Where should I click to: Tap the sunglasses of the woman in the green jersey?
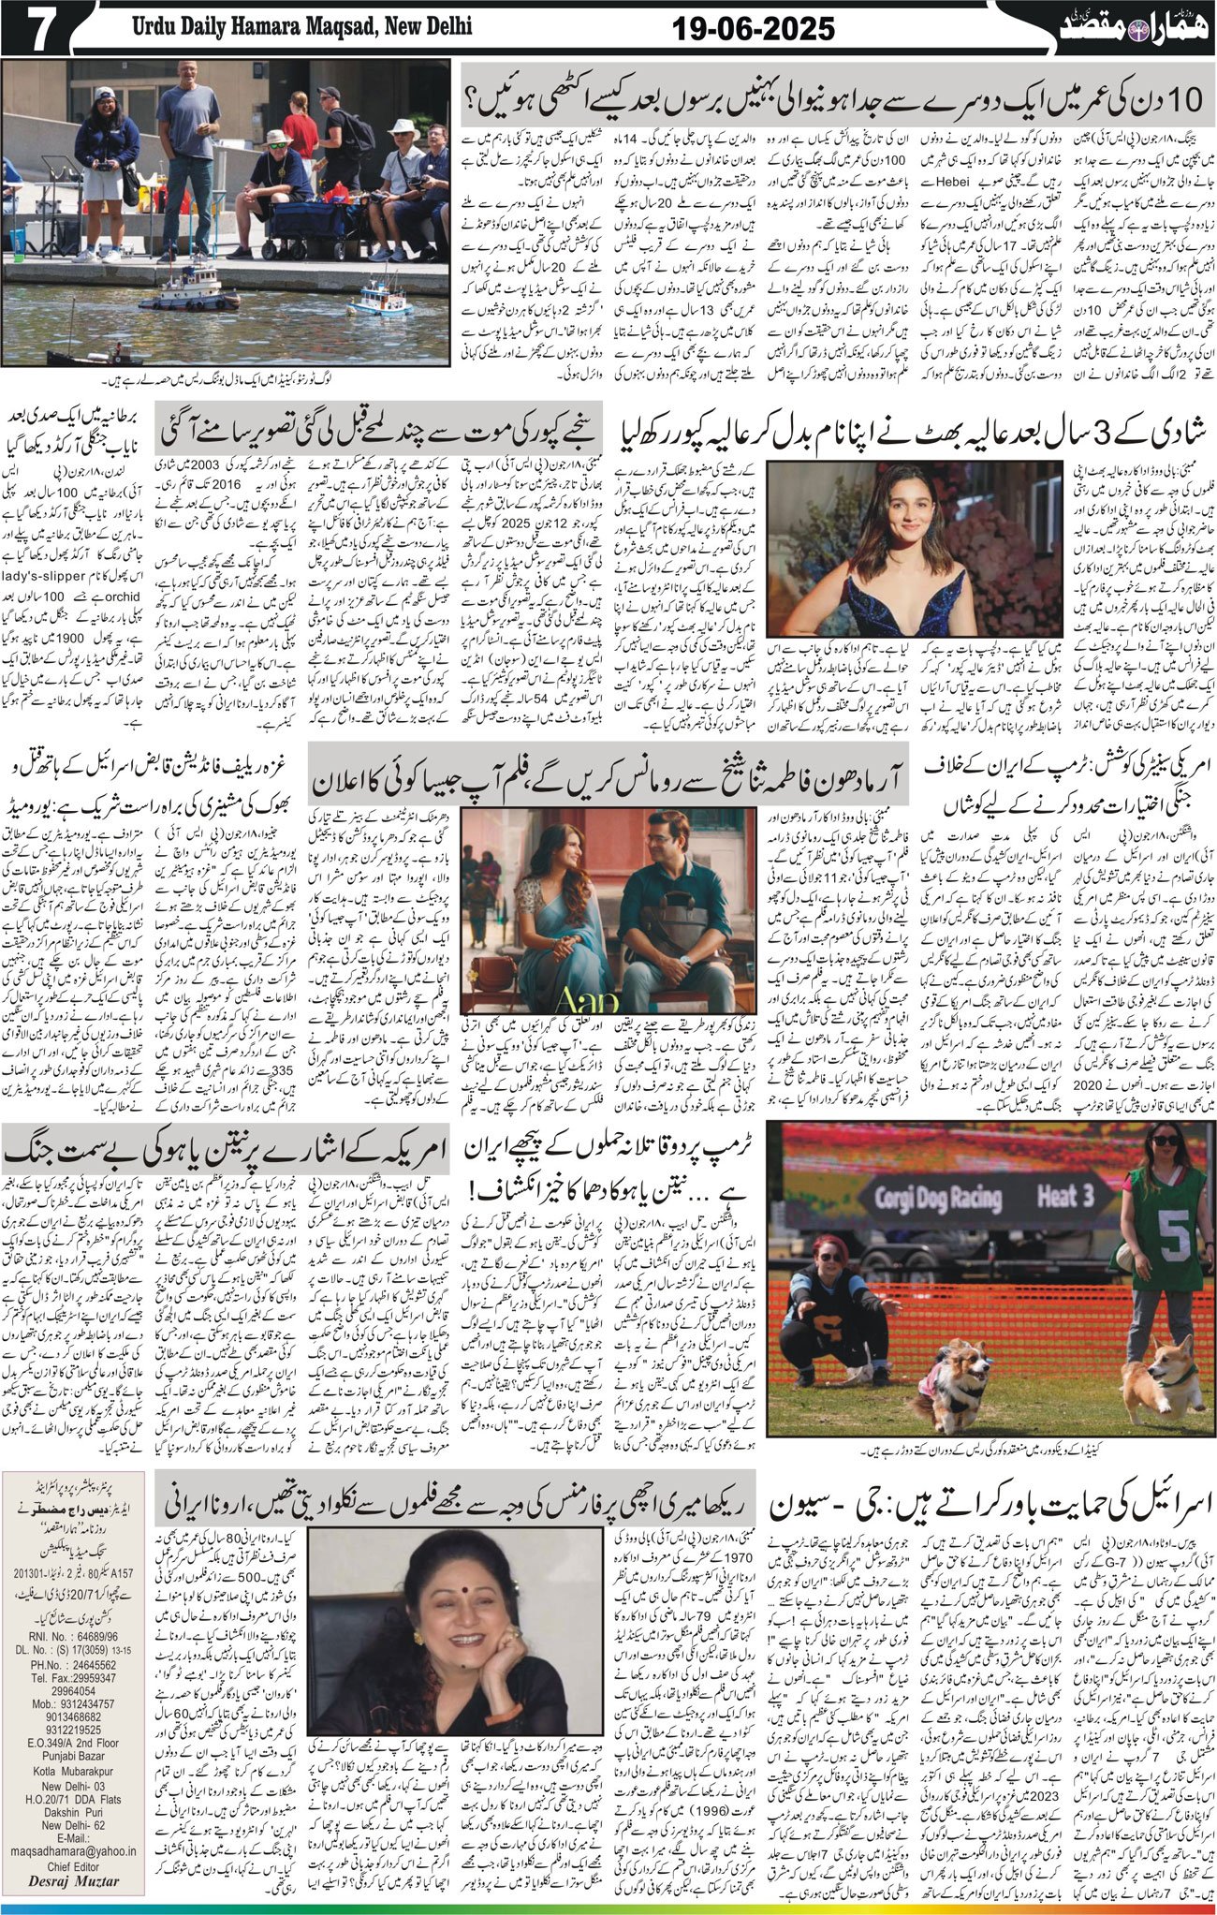pyautogui.click(x=1166, y=1142)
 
